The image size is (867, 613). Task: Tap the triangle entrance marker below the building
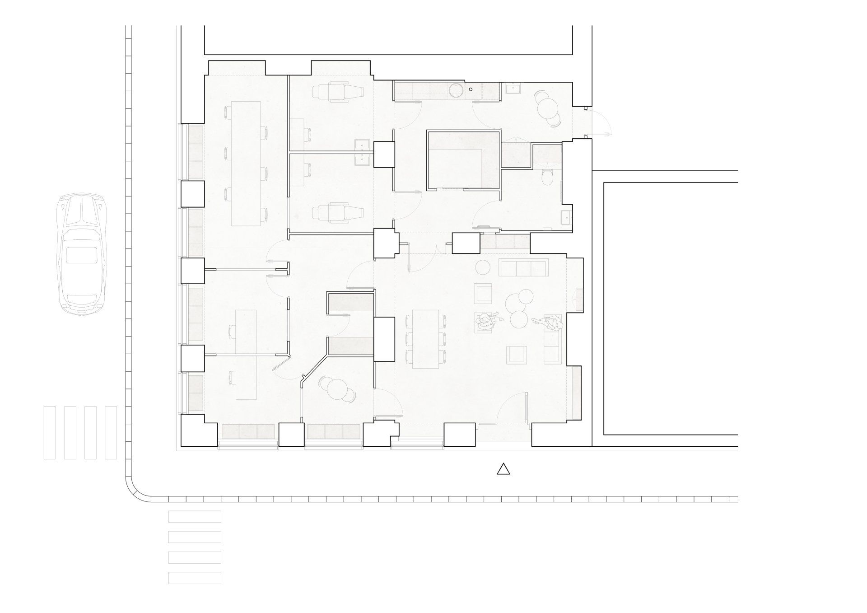503,470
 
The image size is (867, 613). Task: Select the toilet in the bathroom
548,178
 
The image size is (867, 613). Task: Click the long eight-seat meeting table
246,164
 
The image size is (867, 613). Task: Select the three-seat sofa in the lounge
523,267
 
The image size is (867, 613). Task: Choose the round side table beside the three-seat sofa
484,267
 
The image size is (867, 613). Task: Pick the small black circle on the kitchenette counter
470,89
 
